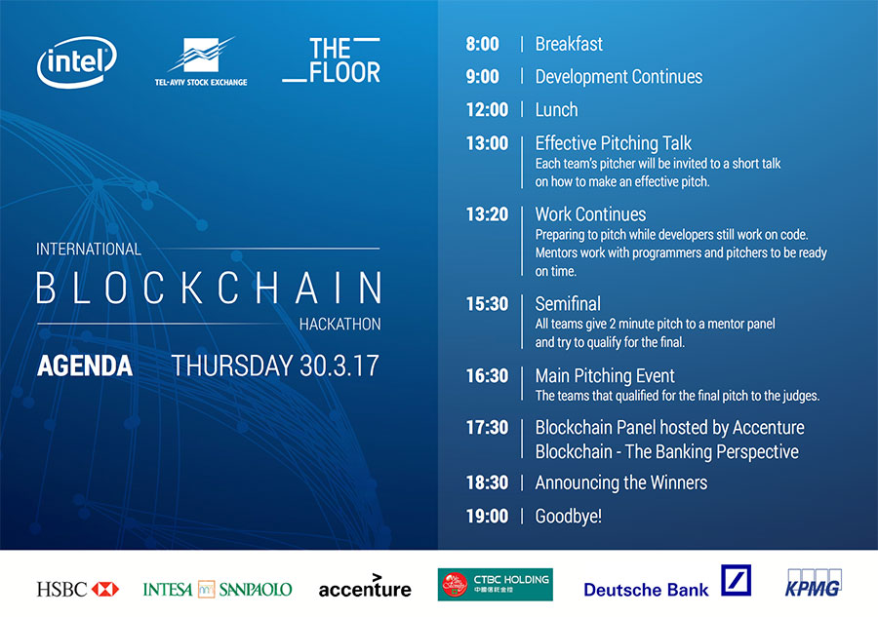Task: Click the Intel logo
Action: [x=77, y=61]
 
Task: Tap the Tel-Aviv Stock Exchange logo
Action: [x=201, y=61]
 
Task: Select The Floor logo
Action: [x=332, y=60]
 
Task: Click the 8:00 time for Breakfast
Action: [x=482, y=44]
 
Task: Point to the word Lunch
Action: [x=556, y=109]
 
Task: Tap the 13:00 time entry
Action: [x=487, y=143]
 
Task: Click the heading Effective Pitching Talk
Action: [x=614, y=143]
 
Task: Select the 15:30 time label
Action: [x=487, y=304]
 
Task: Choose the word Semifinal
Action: [x=568, y=304]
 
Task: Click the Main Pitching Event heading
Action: [x=605, y=376]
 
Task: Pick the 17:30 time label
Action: [x=487, y=427]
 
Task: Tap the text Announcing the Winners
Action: [x=621, y=482]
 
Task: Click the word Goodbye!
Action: [x=569, y=517]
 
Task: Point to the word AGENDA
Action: [x=85, y=366]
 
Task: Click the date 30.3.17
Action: [x=339, y=366]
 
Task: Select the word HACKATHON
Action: [x=339, y=324]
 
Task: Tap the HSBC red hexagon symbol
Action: [x=105, y=589]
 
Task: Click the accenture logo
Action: [x=365, y=586]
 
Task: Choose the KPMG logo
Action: [x=814, y=584]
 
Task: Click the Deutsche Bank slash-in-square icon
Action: [x=736, y=580]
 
